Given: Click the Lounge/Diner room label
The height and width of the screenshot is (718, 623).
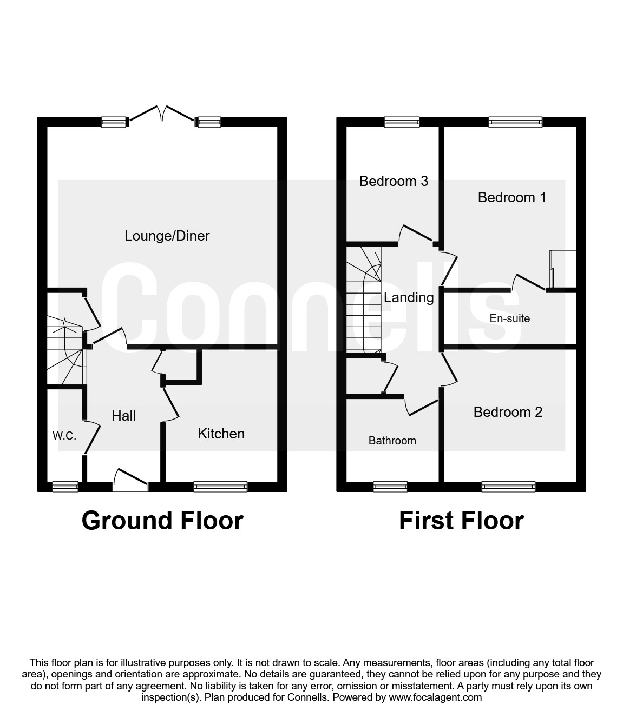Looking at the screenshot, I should [x=167, y=236].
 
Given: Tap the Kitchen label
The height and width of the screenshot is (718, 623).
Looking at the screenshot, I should [x=221, y=434].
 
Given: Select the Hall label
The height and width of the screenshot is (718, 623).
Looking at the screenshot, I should [x=123, y=416].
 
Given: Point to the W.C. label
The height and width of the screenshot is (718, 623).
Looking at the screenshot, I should [x=64, y=436].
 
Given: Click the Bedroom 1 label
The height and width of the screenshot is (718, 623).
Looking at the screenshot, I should [x=511, y=197].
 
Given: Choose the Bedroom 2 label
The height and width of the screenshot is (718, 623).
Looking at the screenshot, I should [x=508, y=412].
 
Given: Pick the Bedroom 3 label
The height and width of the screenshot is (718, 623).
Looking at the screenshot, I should [x=394, y=181].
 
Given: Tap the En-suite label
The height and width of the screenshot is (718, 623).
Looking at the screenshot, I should [x=509, y=318].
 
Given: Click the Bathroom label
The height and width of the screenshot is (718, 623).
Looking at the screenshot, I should [x=392, y=441].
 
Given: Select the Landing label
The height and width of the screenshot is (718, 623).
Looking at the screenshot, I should [x=409, y=297].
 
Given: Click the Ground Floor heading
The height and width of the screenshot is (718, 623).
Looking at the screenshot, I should [x=162, y=521].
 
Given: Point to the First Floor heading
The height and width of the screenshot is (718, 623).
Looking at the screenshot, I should [x=461, y=521].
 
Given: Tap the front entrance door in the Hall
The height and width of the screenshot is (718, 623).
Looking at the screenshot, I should [x=130, y=481].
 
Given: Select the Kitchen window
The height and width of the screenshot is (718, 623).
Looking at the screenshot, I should [x=220, y=487].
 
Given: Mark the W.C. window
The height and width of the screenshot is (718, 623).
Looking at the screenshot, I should [x=65, y=487].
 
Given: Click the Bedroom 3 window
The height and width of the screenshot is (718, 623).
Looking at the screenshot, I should [x=402, y=122].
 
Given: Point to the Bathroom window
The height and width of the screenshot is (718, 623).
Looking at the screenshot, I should [x=390, y=487].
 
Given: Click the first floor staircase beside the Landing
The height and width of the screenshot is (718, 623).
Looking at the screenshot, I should [x=364, y=300].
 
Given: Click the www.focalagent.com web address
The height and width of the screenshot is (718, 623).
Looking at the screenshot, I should [x=435, y=697].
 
